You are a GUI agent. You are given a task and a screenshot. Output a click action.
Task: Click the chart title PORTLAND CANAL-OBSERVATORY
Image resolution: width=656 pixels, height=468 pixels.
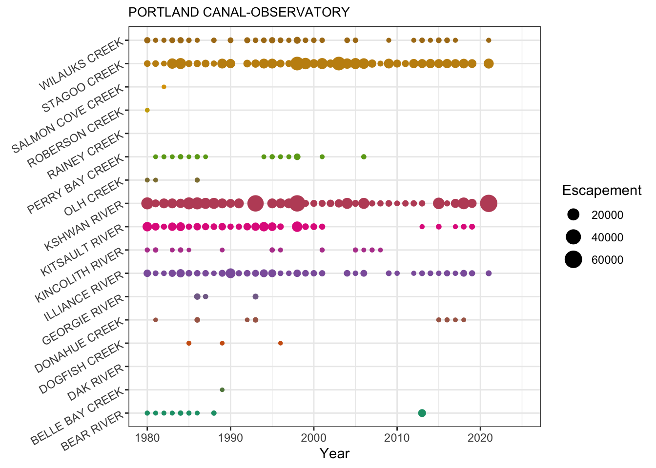239,12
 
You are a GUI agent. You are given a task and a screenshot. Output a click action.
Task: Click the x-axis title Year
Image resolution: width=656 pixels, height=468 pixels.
334,454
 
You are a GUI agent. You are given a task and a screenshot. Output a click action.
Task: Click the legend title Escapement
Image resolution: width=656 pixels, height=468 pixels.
601,191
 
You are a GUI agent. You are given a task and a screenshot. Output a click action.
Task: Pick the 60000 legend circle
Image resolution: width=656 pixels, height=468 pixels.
574,260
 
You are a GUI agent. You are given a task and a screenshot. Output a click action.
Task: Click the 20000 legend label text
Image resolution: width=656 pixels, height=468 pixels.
607,215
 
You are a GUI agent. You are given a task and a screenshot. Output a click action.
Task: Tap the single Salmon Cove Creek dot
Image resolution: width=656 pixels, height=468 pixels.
164,87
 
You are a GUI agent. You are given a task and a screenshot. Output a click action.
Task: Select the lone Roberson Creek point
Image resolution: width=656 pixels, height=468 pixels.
147,110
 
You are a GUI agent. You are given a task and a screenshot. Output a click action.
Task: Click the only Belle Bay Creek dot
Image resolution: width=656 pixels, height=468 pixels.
222,390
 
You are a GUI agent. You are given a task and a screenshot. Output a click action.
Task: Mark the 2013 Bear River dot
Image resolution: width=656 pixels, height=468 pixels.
422,413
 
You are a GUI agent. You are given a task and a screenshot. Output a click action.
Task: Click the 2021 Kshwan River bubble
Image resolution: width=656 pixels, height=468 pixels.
489,203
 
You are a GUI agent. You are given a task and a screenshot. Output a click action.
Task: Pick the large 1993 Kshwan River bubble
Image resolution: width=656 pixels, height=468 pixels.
255,203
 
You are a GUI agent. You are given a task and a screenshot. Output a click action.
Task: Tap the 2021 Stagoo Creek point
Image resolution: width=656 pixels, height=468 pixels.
489,63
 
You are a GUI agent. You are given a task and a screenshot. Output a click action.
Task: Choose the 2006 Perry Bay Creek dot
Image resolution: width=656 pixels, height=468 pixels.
364,156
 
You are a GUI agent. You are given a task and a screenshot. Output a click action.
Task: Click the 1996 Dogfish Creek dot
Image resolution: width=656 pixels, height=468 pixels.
281,343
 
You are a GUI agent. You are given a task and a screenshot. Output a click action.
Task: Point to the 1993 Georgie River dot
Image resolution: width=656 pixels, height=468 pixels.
255,296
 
